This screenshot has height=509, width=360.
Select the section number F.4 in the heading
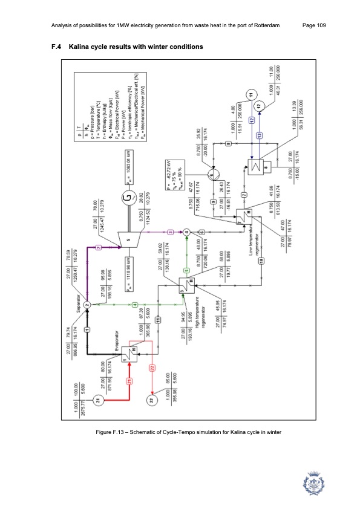(x=56, y=47)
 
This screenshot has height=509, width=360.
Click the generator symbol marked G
(x=126, y=197)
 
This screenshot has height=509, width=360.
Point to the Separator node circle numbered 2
(x=87, y=306)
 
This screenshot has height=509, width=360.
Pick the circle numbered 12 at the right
(x=260, y=105)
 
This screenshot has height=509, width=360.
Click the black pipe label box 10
(x=261, y=261)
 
